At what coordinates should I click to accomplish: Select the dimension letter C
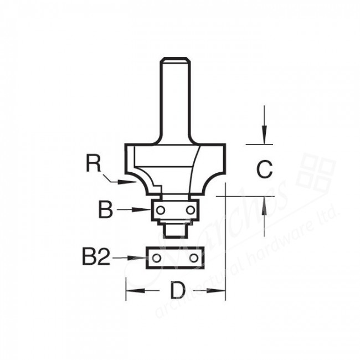click(265, 169)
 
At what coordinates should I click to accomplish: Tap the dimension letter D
click(176, 290)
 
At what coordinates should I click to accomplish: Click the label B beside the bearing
click(106, 210)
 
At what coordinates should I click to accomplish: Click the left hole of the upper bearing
click(161, 210)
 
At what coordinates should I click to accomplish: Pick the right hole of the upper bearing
click(191, 210)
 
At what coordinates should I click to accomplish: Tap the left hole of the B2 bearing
click(157, 258)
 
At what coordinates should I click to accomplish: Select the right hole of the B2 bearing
click(193, 258)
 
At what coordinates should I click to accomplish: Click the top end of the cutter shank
click(176, 59)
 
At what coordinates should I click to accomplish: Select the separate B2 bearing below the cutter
click(175, 258)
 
